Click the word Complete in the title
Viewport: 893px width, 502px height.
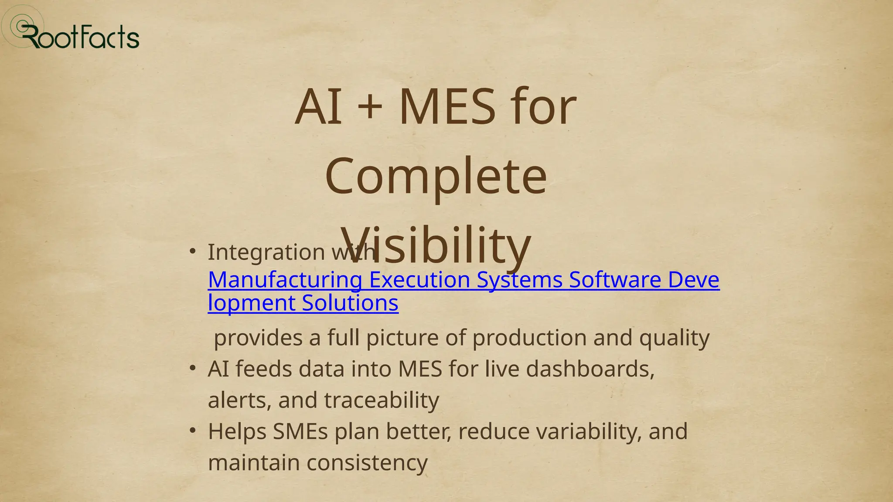436,176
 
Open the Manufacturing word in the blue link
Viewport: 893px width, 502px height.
285,280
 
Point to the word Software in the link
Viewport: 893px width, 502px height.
615,280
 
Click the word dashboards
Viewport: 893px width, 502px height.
590,369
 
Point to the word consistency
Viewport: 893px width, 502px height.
367,462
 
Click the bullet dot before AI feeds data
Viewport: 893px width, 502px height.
193,368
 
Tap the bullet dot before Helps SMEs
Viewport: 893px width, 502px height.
193,431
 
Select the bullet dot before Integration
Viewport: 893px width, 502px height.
193,251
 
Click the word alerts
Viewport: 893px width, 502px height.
239,400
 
